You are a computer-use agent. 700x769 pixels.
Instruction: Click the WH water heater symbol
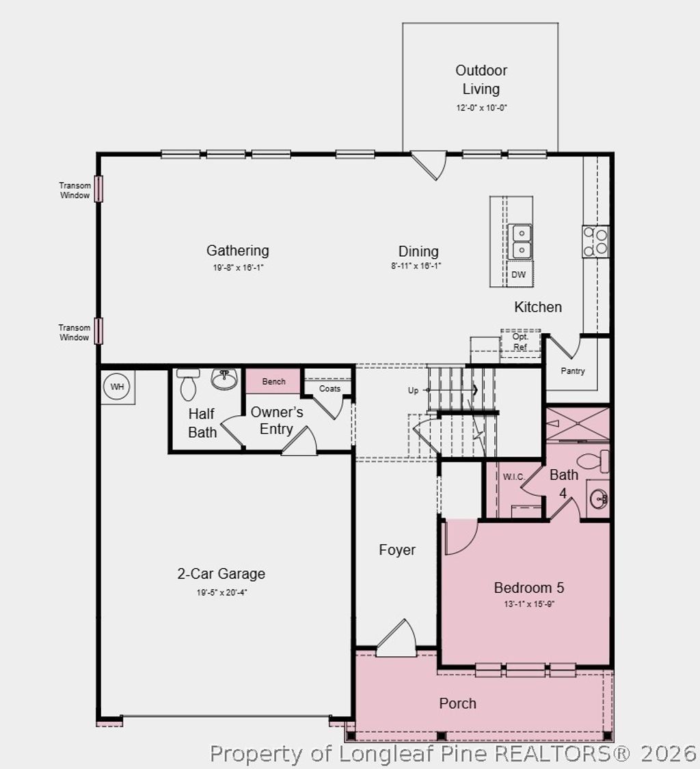(x=118, y=387)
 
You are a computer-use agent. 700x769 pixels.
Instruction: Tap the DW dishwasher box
(x=519, y=275)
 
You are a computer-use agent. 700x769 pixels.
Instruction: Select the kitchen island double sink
(x=522, y=241)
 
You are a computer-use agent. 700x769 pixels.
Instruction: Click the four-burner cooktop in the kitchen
(x=595, y=241)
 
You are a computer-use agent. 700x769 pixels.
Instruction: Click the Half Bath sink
(x=224, y=379)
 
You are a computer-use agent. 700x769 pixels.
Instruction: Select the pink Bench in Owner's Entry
(x=273, y=381)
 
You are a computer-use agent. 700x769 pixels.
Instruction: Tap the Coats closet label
(x=329, y=389)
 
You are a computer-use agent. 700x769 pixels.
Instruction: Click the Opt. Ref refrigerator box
(x=520, y=342)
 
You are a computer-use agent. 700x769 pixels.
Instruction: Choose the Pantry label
(x=573, y=371)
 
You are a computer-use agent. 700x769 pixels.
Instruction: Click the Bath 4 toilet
(x=593, y=461)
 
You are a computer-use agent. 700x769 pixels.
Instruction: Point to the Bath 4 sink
(x=598, y=499)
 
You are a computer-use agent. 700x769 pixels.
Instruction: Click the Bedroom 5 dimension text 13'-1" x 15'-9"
(x=529, y=604)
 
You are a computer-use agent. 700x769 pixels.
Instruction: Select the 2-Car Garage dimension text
(x=221, y=592)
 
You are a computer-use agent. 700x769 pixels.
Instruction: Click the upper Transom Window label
(x=74, y=191)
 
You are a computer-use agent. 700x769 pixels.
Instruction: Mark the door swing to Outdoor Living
(x=429, y=165)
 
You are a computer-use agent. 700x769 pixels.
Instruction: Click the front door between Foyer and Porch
(x=397, y=639)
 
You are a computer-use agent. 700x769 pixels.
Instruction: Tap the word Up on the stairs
(x=413, y=391)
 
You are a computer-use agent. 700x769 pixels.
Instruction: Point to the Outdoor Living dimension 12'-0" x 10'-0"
(x=481, y=107)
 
